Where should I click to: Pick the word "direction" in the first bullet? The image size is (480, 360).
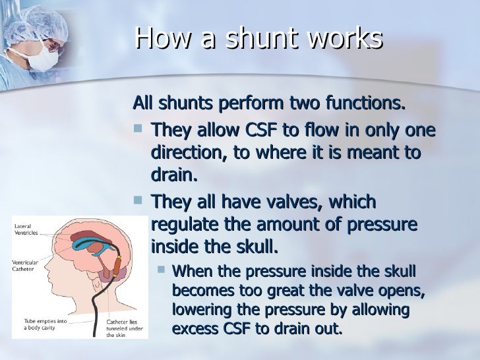187,154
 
